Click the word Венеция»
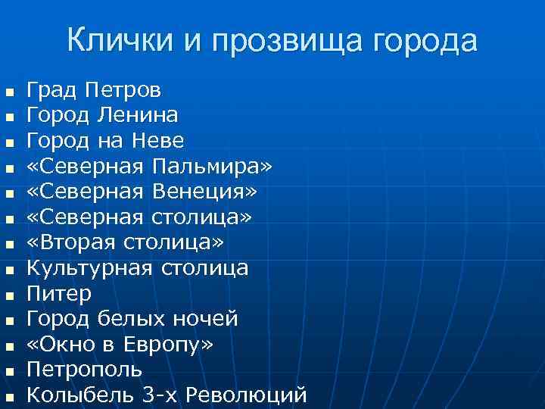click(205, 192)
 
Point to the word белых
click(132, 319)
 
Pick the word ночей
click(205, 319)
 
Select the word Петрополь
click(84, 370)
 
